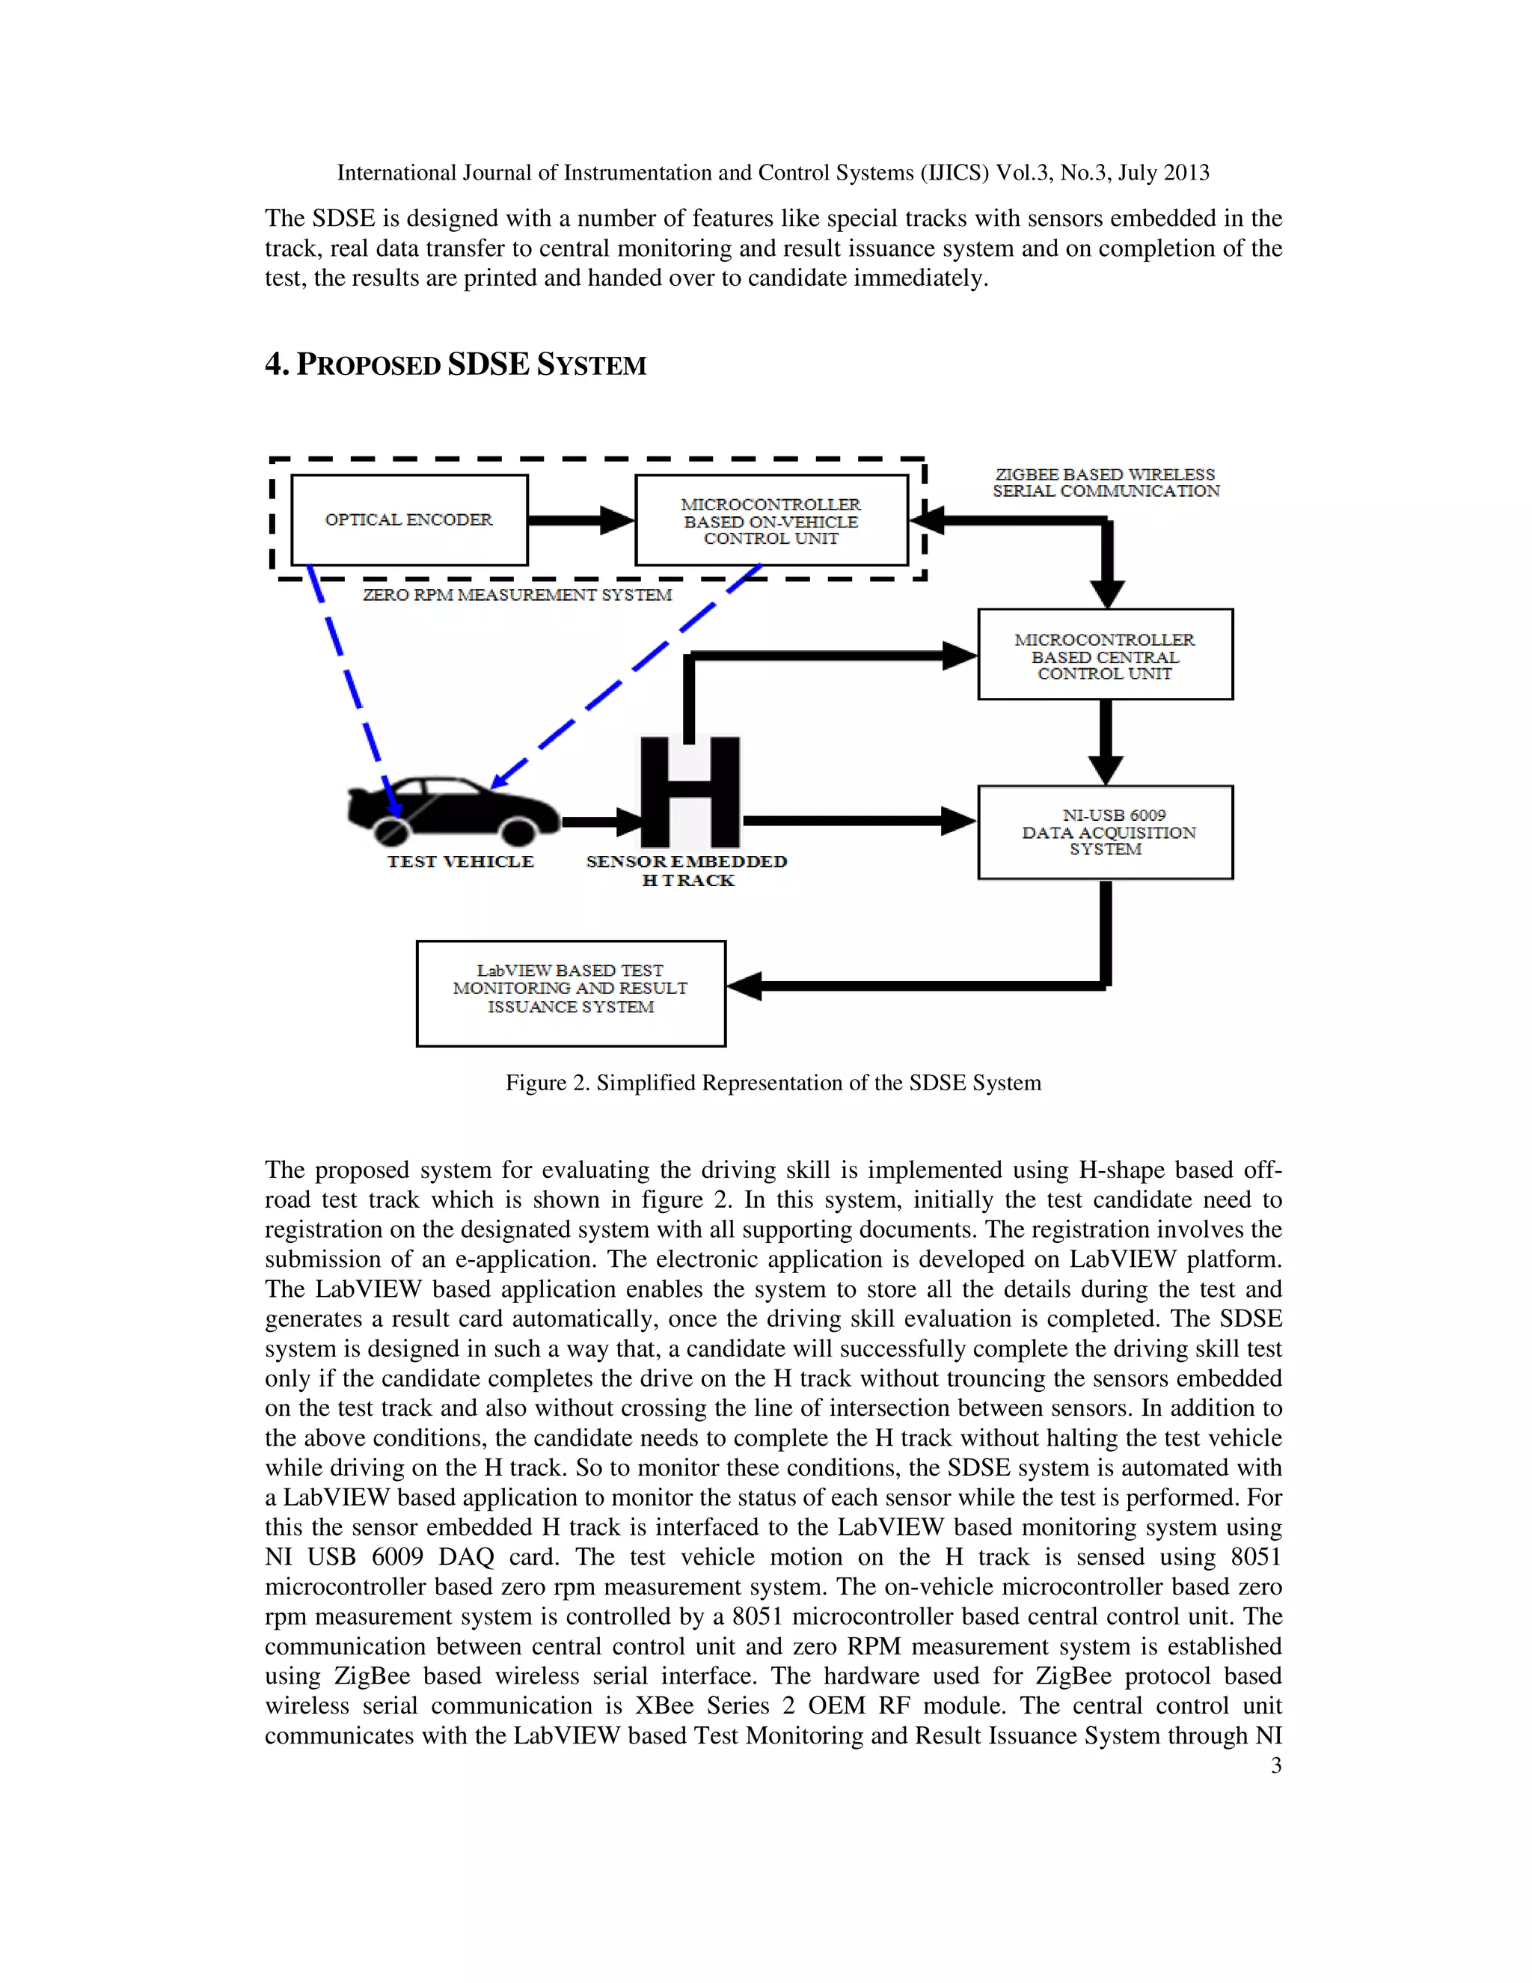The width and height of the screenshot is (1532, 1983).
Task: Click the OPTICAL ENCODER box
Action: pyautogui.click(x=409, y=519)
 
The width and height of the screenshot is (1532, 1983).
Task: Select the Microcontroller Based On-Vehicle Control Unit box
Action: pyautogui.click(x=770, y=520)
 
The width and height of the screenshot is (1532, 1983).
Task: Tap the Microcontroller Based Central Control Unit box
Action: pyautogui.click(x=1105, y=655)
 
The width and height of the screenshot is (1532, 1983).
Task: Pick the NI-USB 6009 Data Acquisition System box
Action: pyautogui.click(x=1105, y=831)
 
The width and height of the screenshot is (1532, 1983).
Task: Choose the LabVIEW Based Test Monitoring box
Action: pyautogui.click(x=570, y=992)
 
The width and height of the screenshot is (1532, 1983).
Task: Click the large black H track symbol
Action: pyautogui.click(x=690, y=792)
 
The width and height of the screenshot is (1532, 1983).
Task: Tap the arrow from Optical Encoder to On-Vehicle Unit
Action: pyautogui.click(x=580, y=520)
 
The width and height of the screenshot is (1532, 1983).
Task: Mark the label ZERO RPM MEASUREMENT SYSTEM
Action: pyautogui.click(x=518, y=595)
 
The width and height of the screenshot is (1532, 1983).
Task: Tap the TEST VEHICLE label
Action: pyautogui.click(x=460, y=861)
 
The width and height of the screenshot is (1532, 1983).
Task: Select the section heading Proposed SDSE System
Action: pyautogui.click(x=456, y=365)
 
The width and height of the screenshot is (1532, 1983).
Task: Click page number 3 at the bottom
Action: pyautogui.click(x=1275, y=1765)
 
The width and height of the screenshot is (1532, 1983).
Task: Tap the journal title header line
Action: pyautogui.click(x=772, y=173)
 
